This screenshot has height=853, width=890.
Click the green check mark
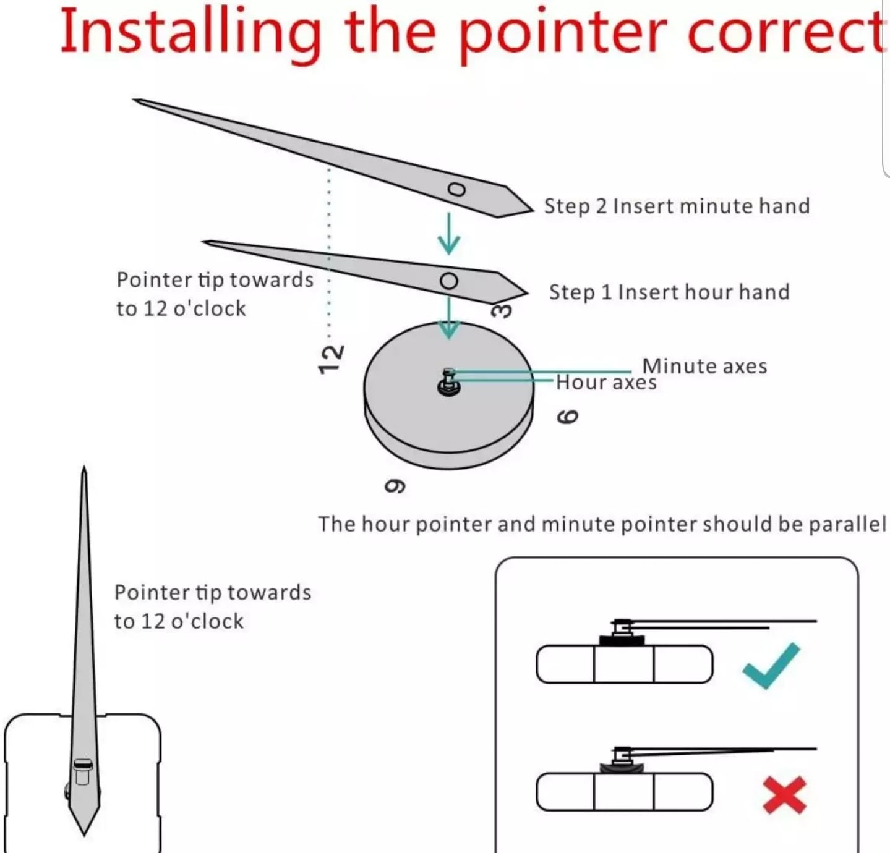771,665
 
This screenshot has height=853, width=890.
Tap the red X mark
784,795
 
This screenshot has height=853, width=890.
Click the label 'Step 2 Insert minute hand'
677,206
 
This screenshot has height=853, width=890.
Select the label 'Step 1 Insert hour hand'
669,292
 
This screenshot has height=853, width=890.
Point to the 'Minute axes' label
704,366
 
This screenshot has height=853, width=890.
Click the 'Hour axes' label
606,383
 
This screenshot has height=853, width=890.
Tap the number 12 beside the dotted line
331,359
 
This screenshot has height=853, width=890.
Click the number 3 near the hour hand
502,310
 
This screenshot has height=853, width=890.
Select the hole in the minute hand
456,189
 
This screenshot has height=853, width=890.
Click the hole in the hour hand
449,281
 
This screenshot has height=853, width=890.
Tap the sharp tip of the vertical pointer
84,470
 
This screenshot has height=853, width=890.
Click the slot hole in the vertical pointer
83,773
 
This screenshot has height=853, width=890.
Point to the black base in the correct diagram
622,640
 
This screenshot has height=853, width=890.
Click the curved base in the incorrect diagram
622,768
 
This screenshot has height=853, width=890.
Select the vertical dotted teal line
329,247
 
